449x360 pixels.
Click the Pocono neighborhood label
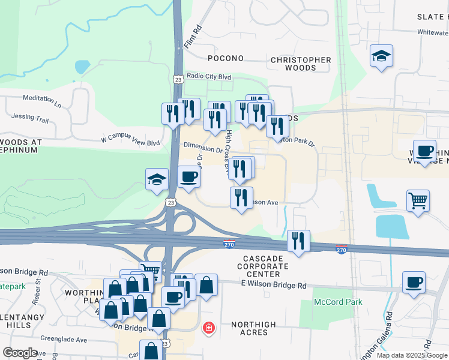[x=226, y=58]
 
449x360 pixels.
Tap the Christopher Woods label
[x=301, y=64]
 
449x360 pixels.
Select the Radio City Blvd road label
[x=209, y=76]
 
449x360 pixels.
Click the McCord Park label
[x=338, y=302]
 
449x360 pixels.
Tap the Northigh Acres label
[x=254, y=329]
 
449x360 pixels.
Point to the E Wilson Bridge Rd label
[x=273, y=285]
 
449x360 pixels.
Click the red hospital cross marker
[x=208, y=328]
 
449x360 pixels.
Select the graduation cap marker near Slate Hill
[x=381, y=56]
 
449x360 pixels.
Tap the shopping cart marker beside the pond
[x=418, y=200]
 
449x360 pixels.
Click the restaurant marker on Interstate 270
[x=298, y=241]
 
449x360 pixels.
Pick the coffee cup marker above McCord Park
[x=413, y=282]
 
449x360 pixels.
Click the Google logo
[x=20, y=353]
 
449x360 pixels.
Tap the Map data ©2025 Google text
[x=412, y=355]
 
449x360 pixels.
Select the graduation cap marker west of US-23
[x=157, y=179]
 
